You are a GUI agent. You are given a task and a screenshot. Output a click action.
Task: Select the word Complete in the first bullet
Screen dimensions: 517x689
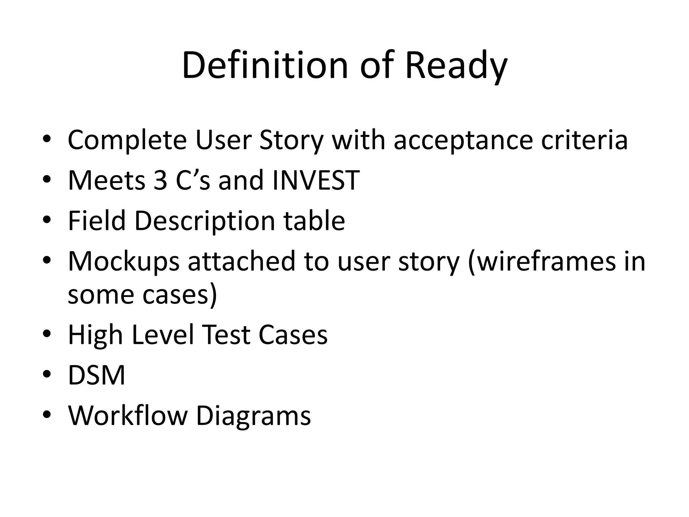[x=127, y=140]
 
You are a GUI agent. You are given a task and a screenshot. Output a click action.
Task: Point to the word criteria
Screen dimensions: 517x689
[x=584, y=140]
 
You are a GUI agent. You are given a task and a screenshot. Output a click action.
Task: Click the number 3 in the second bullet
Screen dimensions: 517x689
[x=160, y=180]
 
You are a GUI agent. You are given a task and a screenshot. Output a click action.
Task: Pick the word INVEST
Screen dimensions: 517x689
[x=316, y=180]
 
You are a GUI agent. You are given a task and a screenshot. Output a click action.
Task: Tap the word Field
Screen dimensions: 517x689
[x=97, y=221]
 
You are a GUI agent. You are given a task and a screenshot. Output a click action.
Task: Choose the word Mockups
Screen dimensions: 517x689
[x=123, y=261]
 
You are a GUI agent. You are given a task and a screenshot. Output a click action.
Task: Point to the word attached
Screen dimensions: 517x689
[x=241, y=261]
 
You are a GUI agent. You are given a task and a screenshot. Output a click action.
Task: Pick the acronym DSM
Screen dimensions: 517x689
[x=97, y=375]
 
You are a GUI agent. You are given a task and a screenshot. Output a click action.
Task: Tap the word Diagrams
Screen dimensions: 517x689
[x=253, y=416]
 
